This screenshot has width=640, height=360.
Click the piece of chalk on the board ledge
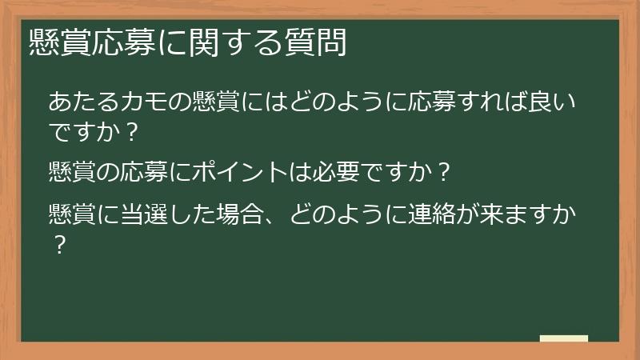[563, 338]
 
